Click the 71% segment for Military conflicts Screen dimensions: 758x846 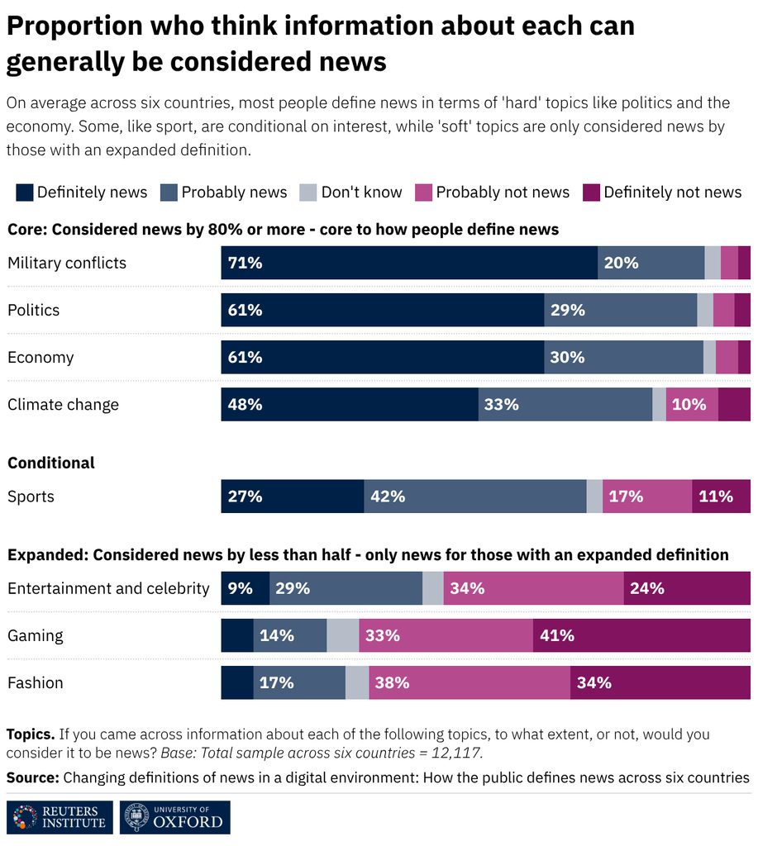[409, 263]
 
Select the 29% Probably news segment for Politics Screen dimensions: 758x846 [621, 311]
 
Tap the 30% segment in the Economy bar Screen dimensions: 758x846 [623, 357]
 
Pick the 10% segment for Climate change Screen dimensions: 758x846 [692, 405]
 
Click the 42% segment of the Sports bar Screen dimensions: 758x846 [475, 497]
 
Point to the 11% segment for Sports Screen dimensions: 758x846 [722, 497]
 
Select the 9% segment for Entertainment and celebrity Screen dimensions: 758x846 [246, 588]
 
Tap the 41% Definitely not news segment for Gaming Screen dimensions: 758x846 [642, 635]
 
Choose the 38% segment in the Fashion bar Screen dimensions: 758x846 [470, 682]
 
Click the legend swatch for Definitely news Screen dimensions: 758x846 [24, 192]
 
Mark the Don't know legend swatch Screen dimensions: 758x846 [307, 192]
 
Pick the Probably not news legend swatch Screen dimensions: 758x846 [424, 192]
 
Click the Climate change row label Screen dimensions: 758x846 [63, 405]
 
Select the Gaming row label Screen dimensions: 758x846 [35, 635]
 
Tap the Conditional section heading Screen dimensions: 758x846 [51, 463]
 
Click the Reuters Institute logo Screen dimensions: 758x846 [60, 817]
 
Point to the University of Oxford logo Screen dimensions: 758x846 [175, 817]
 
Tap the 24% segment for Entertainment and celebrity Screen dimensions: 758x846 [687, 588]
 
